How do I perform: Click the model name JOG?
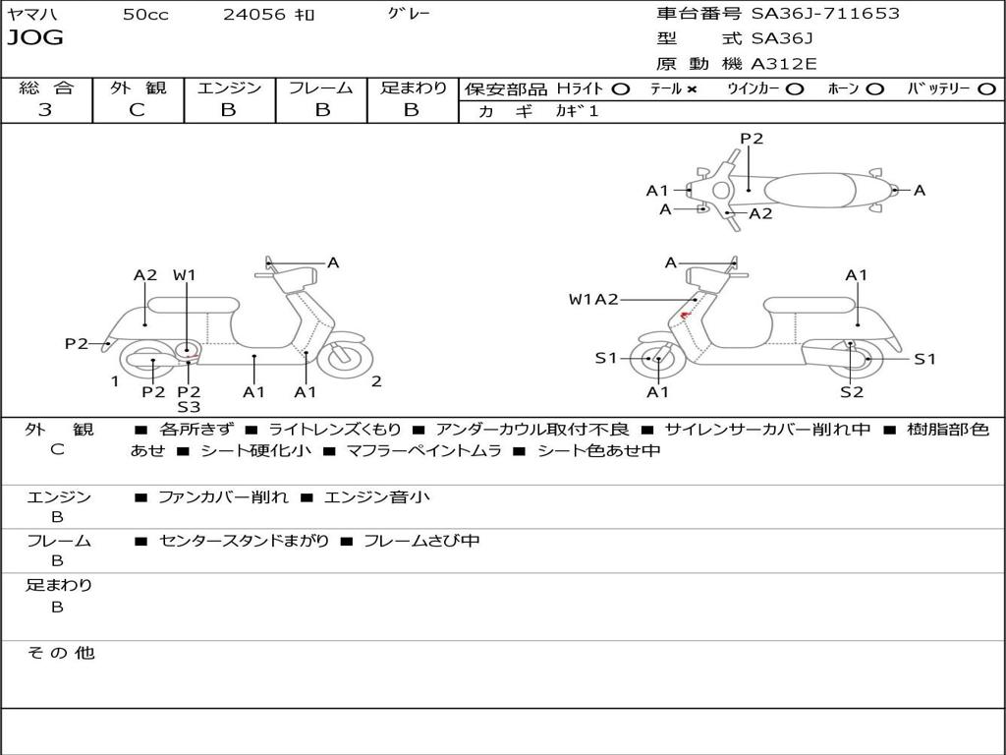(x=35, y=38)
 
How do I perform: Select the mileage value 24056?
(x=254, y=15)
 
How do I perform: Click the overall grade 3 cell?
(x=45, y=110)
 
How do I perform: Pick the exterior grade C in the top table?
(x=138, y=110)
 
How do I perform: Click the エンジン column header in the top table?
(x=229, y=87)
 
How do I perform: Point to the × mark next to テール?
(x=692, y=88)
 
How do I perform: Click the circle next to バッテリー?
(x=986, y=88)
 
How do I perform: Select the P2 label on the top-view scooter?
(x=752, y=139)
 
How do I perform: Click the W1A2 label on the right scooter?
(x=593, y=299)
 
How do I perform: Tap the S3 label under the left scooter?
(x=189, y=407)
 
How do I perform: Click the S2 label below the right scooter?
(x=851, y=392)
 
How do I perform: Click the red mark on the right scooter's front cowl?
(x=686, y=315)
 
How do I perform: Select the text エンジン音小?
(x=376, y=497)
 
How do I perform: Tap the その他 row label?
(x=61, y=653)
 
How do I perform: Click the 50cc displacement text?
(x=145, y=15)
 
